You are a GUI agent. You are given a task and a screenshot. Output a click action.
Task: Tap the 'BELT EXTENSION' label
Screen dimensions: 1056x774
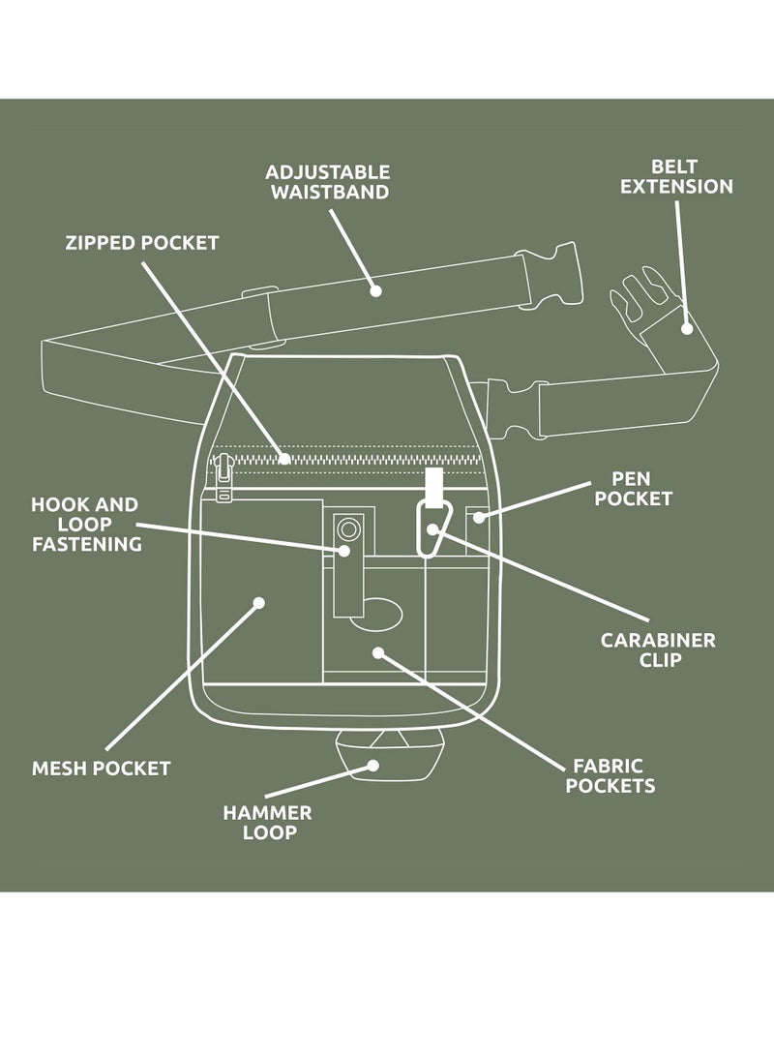(x=676, y=176)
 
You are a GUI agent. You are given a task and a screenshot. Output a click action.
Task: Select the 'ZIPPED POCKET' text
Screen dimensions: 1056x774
(x=142, y=242)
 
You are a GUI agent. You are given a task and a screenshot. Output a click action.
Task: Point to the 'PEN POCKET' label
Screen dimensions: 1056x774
(x=633, y=489)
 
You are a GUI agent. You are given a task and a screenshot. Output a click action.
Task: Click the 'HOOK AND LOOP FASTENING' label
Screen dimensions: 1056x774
(x=86, y=524)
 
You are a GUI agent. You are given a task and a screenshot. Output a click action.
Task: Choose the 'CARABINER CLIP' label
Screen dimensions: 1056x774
(x=658, y=649)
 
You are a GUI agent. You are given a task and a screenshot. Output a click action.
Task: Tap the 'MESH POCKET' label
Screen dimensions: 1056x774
(x=101, y=769)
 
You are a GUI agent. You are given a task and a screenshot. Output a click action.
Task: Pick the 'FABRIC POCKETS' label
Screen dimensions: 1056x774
(x=610, y=775)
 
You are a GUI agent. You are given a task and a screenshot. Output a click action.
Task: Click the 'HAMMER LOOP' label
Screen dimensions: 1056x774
(x=268, y=823)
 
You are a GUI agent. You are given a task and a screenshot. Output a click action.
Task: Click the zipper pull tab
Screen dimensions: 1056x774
(x=224, y=480)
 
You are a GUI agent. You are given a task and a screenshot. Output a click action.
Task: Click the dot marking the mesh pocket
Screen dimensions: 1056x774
(x=258, y=602)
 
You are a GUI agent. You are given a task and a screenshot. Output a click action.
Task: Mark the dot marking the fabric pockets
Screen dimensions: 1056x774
(x=378, y=653)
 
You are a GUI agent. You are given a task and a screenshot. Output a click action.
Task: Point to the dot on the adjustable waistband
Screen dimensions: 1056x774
(x=375, y=289)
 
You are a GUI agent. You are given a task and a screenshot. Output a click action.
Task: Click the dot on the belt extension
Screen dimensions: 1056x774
(x=686, y=328)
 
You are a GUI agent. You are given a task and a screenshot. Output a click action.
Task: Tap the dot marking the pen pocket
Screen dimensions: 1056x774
(x=478, y=518)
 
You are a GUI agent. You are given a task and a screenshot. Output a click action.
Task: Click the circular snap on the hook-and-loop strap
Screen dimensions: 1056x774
(x=348, y=528)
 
